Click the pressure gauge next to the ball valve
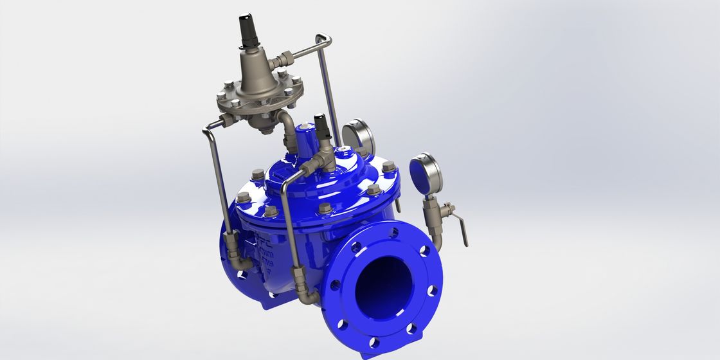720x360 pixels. pyautogui.click(x=426, y=173)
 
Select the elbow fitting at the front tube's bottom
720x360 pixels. pyautogui.click(x=308, y=296)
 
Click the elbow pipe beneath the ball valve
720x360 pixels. pyautogui.click(x=437, y=239)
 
